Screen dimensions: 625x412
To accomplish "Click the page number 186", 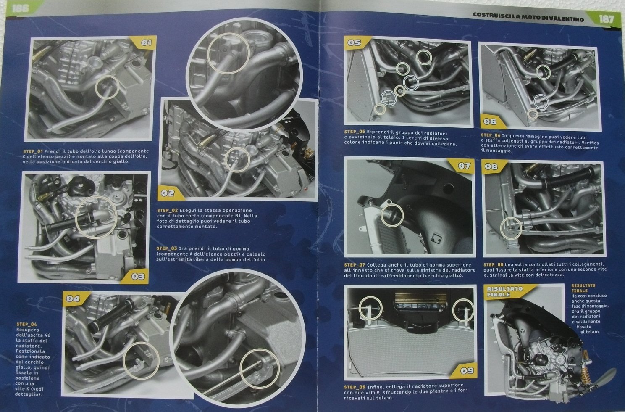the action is coord(20,8).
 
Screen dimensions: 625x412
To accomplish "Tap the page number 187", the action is coord(606,19).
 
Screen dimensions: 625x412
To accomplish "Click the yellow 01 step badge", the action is coord(144,43).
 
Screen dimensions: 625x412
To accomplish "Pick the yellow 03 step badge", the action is coord(137,277).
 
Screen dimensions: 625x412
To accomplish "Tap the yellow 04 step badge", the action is coord(74,298).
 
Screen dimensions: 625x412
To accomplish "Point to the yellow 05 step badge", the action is coord(355,42).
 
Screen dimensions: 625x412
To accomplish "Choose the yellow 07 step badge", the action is coord(464,166).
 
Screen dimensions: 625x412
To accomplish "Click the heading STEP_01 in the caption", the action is coord(33,151).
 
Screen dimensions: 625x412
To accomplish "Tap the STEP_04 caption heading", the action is coord(27,324).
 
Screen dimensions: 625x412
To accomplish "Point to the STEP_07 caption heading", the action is coord(355,265).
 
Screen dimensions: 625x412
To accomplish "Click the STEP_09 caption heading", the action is coord(355,387).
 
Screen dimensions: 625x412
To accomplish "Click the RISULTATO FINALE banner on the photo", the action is coord(505,292).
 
